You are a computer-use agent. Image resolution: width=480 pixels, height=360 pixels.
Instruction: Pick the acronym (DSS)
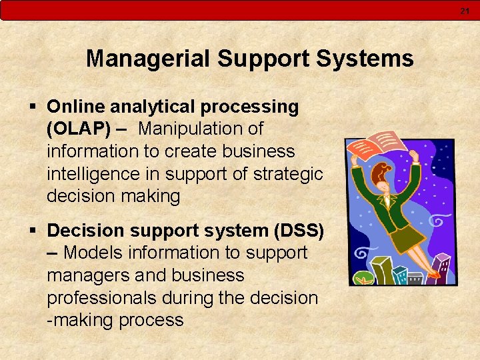299,231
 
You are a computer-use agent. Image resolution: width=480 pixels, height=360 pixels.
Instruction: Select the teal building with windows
399,274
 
